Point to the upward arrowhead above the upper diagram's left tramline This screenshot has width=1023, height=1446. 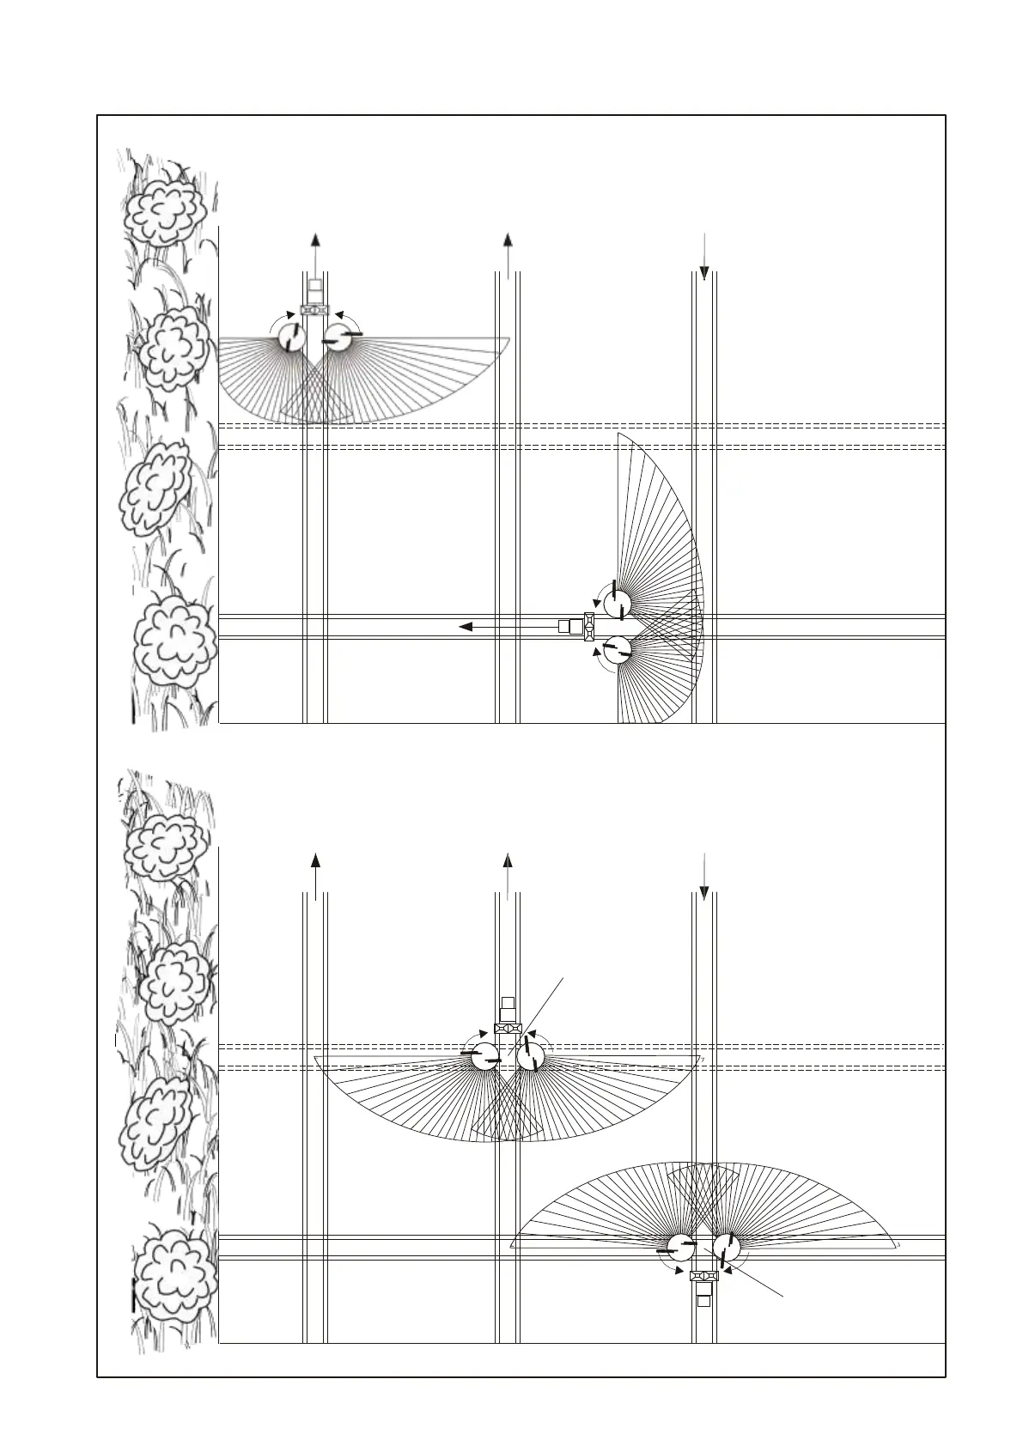click(x=316, y=240)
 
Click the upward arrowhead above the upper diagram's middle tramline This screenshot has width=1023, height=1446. click(x=508, y=240)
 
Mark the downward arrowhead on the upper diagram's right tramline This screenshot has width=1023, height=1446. click(x=703, y=273)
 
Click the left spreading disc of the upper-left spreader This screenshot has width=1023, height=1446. click(x=293, y=337)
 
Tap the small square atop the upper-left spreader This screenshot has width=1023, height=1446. click(x=315, y=284)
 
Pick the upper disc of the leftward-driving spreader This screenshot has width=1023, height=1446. click(x=617, y=603)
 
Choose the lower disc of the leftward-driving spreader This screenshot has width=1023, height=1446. click(x=617, y=649)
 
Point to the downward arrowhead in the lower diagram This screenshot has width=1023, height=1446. click(x=703, y=893)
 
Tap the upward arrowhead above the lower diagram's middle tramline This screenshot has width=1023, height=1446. click(x=508, y=861)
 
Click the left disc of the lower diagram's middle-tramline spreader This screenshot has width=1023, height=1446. click(x=484, y=1056)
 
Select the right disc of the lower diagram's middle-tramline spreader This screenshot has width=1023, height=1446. click(x=531, y=1056)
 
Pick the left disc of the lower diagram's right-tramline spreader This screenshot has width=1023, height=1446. click(x=681, y=1247)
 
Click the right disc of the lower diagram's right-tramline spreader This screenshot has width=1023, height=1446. click(x=727, y=1247)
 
